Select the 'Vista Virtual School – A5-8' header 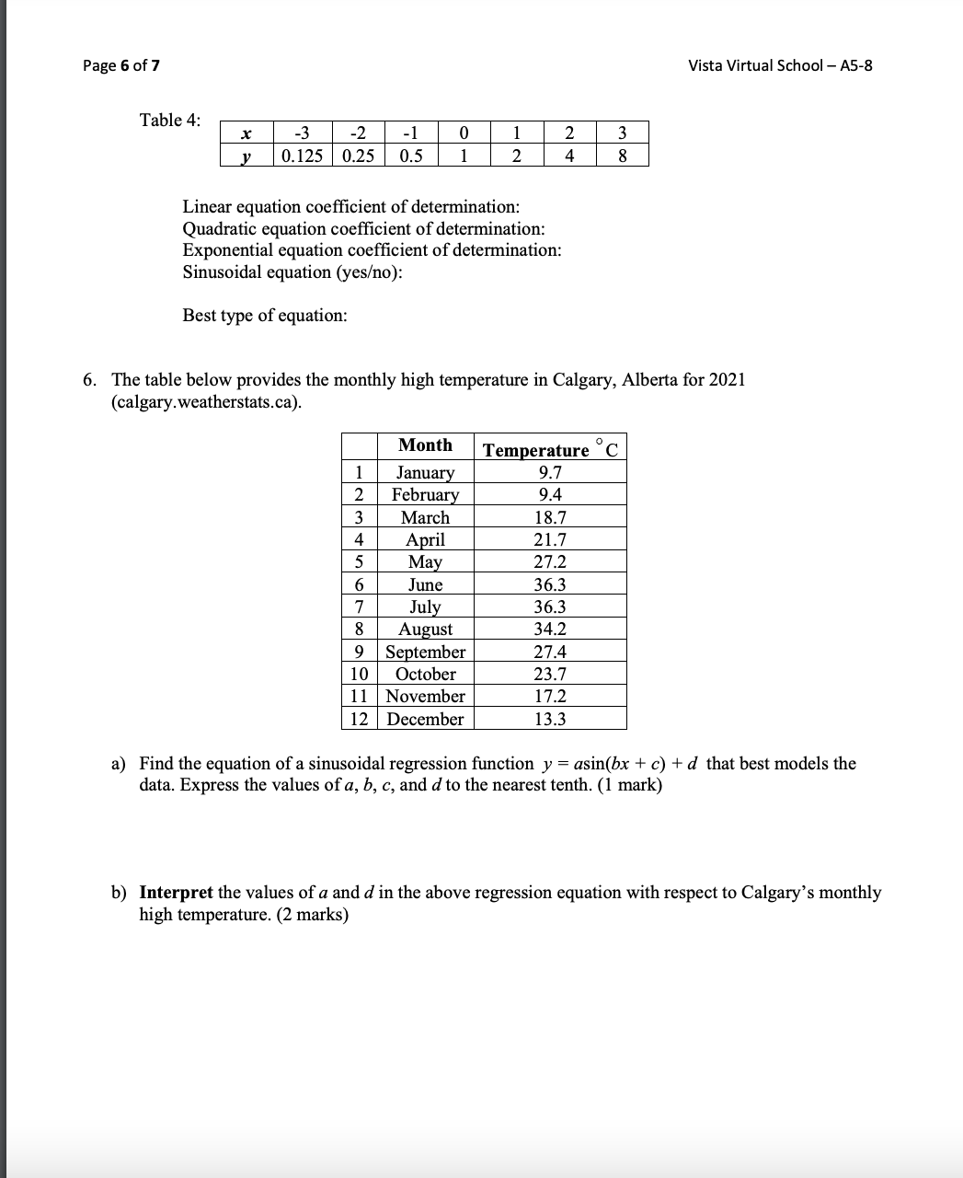(780, 65)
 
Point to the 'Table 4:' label (169, 120)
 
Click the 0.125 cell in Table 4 (302, 156)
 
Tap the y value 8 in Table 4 (623, 156)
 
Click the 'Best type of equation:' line (265, 316)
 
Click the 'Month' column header (425, 445)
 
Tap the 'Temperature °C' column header (550, 449)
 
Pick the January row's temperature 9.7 (550, 473)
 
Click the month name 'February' (425, 495)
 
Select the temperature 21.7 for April (550, 540)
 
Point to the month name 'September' (425, 653)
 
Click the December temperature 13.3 (550, 720)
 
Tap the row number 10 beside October (360, 675)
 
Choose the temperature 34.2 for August (550, 629)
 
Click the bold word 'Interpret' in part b (176, 893)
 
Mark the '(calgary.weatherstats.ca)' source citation (207, 403)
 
